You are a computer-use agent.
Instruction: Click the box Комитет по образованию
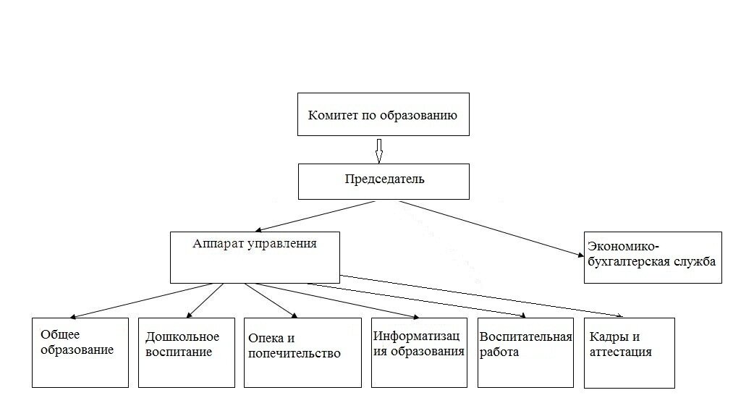tap(383, 114)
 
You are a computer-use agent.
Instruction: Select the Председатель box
tap(384, 181)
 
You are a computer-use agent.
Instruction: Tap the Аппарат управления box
tap(255, 257)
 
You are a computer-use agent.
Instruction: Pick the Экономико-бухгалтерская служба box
tap(652, 257)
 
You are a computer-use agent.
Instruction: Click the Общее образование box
tap(80, 352)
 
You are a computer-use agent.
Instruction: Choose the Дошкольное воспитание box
tap(187, 352)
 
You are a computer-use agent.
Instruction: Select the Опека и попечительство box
tap(302, 352)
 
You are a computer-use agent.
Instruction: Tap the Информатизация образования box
tap(419, 352)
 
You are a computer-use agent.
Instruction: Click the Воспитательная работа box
tap(525, 352)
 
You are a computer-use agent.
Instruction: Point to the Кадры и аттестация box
tap(629, 352)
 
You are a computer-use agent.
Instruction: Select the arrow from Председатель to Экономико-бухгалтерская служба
tap(492, 228)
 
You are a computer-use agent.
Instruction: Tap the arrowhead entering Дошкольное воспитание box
tap(189, 315)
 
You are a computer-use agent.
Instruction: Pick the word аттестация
tap(621, 352)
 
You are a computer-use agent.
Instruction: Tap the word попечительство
tap(294, 354)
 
